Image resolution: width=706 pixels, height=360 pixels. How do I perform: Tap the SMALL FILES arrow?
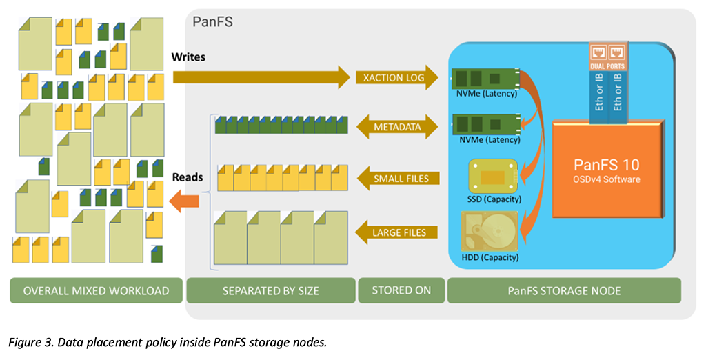(x=398, y=179)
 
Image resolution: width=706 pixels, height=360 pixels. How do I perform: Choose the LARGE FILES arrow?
(x=398, y=232)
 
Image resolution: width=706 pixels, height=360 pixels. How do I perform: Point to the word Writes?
(x=188, y=57)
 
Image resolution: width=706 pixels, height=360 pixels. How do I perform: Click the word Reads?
(x=188, y=177)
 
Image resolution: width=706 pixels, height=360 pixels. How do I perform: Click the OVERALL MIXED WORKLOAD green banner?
(x=96, y=290)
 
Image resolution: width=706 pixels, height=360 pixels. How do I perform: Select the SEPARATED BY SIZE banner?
(x=270, y=290)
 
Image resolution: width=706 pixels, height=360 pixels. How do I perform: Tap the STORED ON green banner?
(x=401, y=290)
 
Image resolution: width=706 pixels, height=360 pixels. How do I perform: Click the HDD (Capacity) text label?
(x=490, y=258)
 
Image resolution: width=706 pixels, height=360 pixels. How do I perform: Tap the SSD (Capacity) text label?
(x=494, y=199)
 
